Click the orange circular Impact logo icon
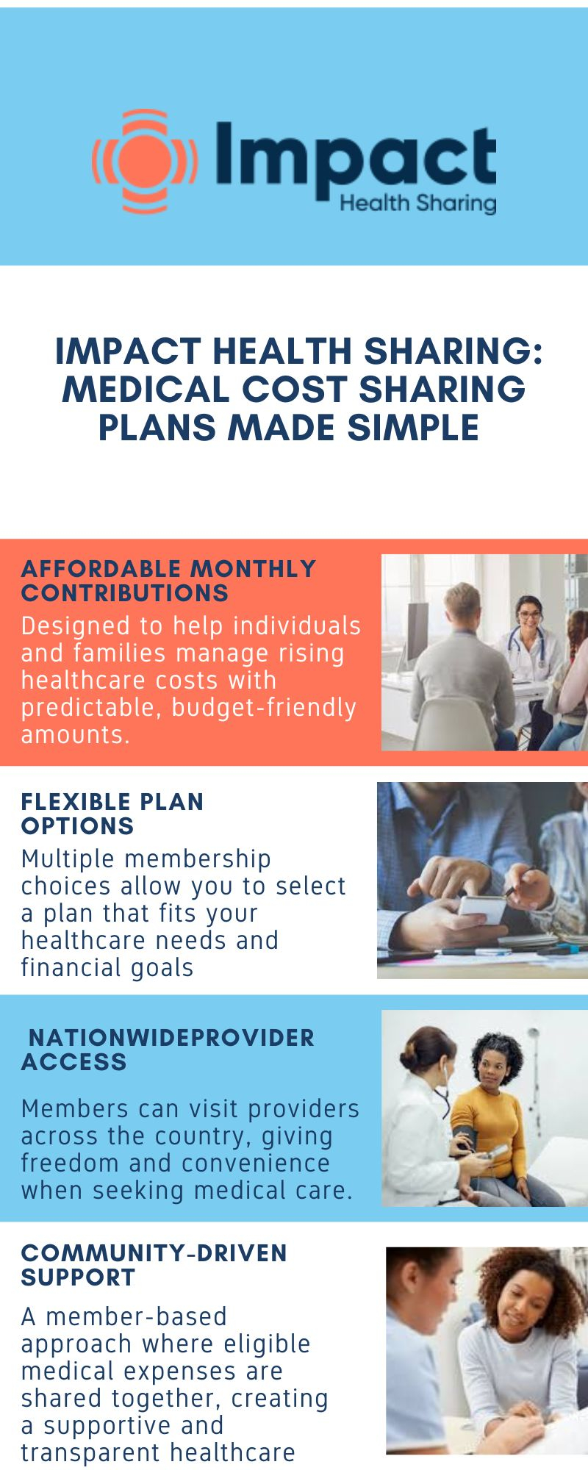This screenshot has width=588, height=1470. coord(144,162)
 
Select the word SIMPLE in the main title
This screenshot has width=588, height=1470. coord(414,428)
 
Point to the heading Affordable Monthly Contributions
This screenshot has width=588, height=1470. coord(168,581)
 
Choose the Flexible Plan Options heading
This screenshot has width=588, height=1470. coord(112,814)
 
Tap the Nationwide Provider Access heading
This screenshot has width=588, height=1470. coord(168,1050)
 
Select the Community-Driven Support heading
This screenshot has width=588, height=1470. coord(154,1265)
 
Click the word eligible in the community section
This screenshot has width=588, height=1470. coord(267,1344)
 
